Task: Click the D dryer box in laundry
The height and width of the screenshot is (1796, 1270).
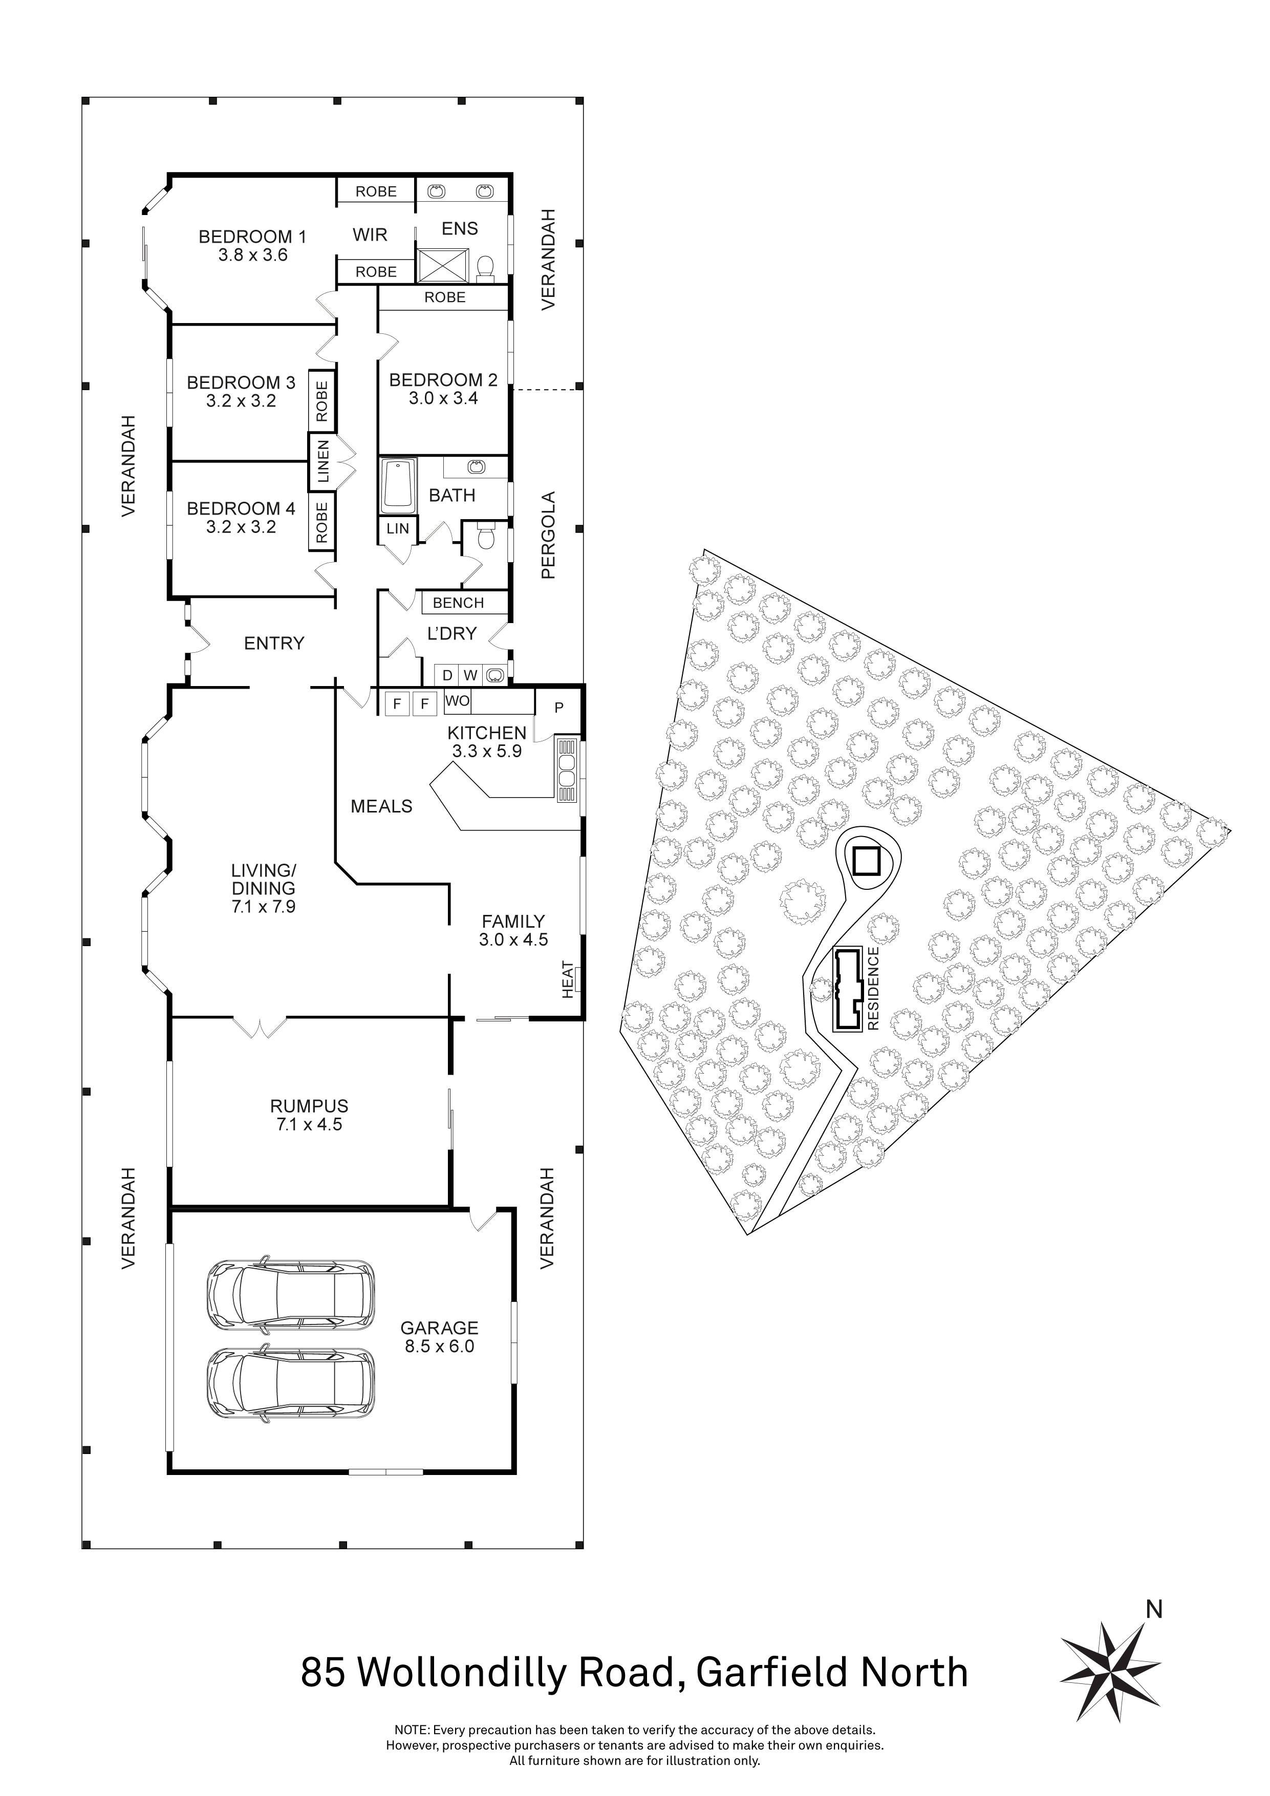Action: click(x=447, y=675)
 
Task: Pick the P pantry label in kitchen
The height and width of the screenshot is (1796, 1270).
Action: click(x=559, y=708)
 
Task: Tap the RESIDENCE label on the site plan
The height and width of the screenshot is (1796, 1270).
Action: click(x=873, y=988)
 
